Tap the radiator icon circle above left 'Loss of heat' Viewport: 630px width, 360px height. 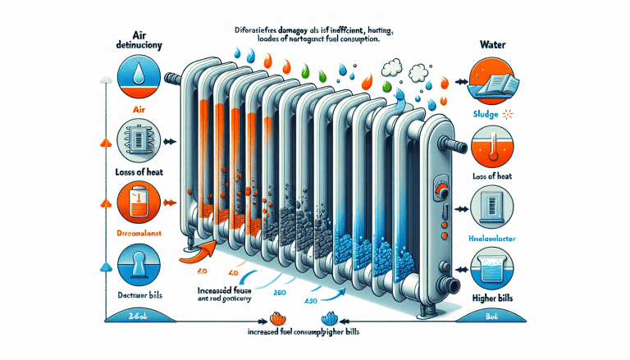[144, 135]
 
